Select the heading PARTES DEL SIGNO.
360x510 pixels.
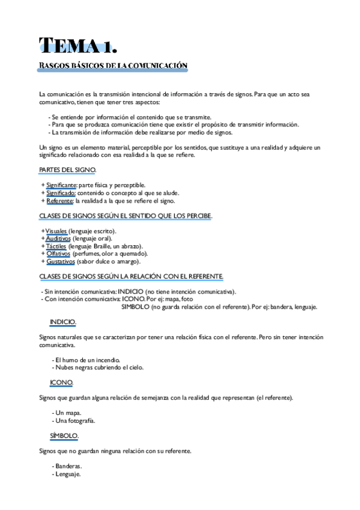point(66,170)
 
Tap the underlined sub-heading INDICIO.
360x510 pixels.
point(63,322)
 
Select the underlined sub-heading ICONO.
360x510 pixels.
point(61,382)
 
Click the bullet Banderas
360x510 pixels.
point(69,466)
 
